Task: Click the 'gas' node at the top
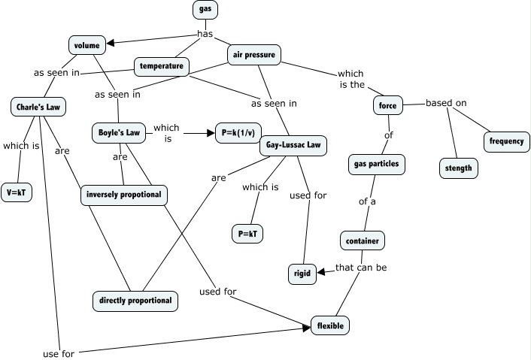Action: (x=205, y=9)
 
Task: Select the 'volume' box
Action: (x=87, y=45)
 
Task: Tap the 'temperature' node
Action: (x=161, y=66)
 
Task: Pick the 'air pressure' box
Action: (x=254, y=54)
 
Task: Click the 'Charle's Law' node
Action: (x=38, y=107)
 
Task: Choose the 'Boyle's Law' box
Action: (x=119, y=132)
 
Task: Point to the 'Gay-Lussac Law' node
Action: (x=293, y=146)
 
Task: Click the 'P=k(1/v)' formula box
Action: (x=238, y=132)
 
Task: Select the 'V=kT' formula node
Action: (x=17, y=193)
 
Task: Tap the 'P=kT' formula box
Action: (x=247, y=233)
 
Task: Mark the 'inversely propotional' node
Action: (x=124, y=195)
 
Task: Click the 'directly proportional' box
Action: (x=135, y=301)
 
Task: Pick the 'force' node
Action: (x=387, y=106)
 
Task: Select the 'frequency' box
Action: (x=506, y=141)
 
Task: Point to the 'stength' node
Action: (x=458, y=168)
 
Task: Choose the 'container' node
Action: (x=363, y=241)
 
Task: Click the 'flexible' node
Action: (x=331, y=326)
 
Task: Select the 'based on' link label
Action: (x=446, y=103)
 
